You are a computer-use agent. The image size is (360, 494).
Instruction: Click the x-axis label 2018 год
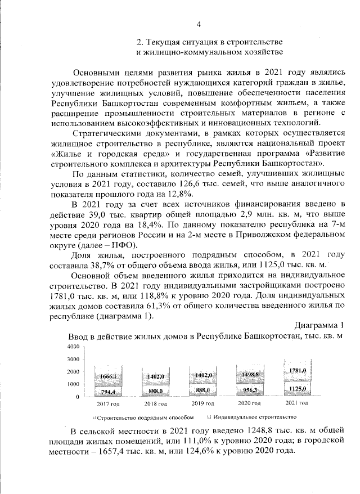(155, 404)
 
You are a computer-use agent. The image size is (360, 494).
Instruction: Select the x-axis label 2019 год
(202, 404)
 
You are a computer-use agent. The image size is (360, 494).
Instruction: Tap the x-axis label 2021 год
(297, 403)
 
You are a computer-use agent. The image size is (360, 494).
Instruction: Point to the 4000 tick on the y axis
(74, 347)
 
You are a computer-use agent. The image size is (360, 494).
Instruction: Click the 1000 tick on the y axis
(74, 384)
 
